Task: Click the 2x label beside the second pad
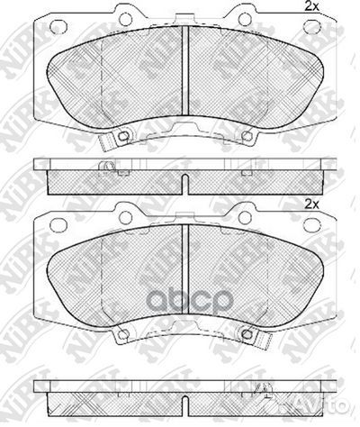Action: coord(312,205)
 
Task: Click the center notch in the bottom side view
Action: coord(184,395)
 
